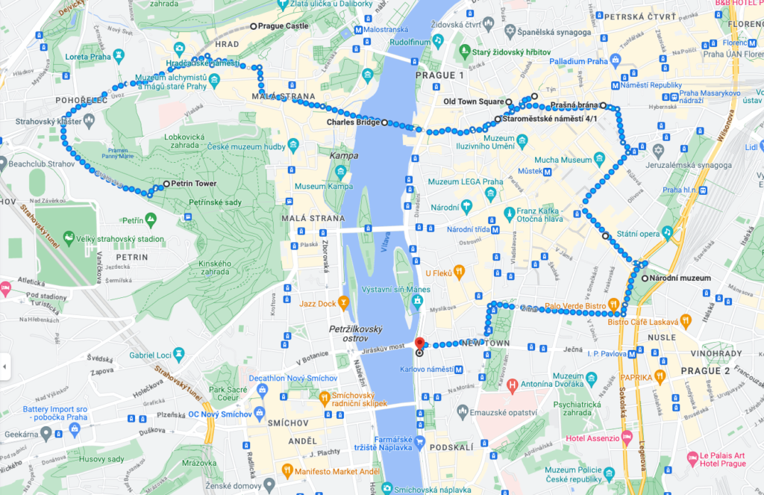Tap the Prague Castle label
[x=283, y=26]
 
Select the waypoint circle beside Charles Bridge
[x=385, y=123]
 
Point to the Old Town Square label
[x=473, y=102]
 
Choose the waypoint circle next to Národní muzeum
[x=645, y=278]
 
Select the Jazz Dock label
[x=317, y=303]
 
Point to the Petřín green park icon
[x=151, y=220]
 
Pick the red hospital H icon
[x=512, y=385]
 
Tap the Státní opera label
[x=638, y=234]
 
